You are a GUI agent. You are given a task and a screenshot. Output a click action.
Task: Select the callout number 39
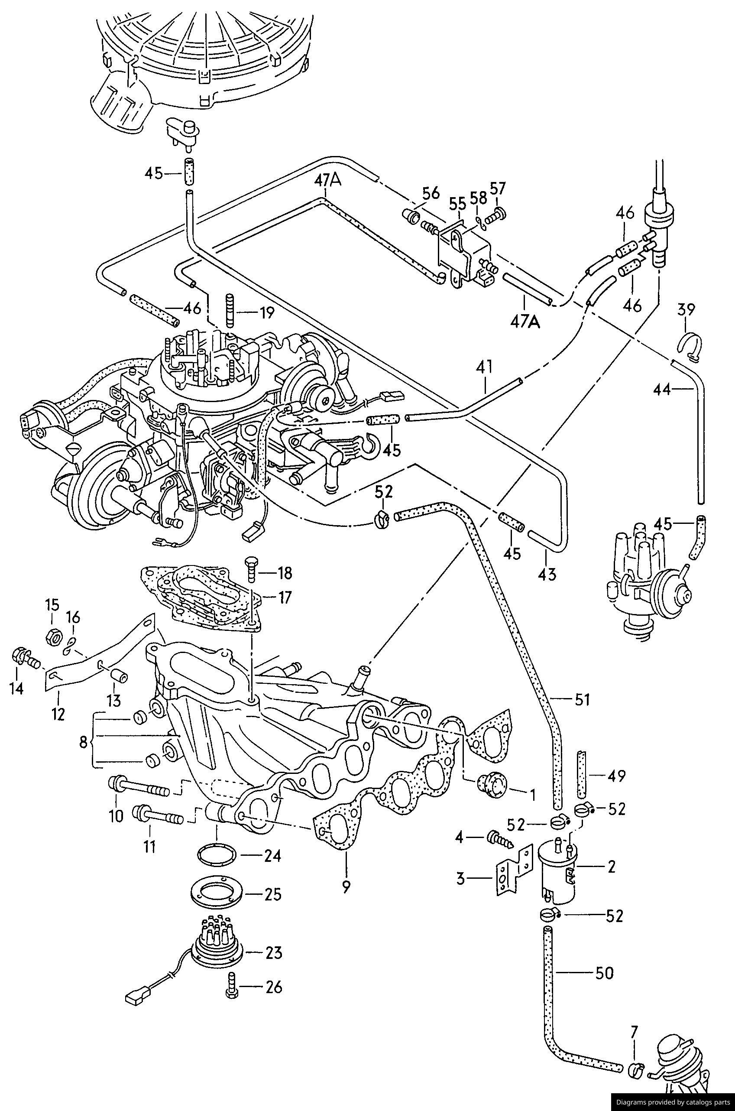point(686,310)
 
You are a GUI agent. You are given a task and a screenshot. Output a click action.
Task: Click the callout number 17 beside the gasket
point(285,597)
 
